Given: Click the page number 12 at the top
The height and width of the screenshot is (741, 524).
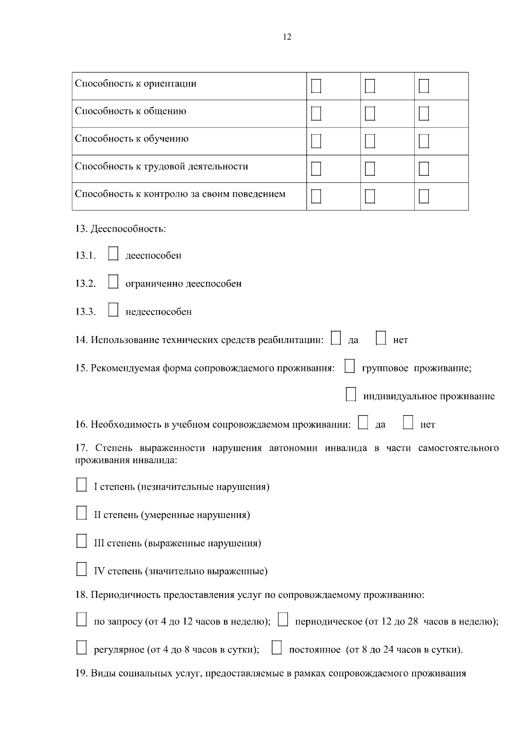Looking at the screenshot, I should [x=287, y=37].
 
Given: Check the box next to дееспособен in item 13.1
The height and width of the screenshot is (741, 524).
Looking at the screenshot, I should [x=113, y=254].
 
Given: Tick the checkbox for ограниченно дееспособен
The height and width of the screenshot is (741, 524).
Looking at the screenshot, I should [x=113, y=282].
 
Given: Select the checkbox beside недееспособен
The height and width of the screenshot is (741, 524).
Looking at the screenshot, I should [x=113, y=310].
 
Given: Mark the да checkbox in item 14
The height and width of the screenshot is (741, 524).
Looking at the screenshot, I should [x=336, y=338].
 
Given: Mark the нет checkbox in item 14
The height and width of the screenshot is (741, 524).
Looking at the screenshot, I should [x=381, y=338].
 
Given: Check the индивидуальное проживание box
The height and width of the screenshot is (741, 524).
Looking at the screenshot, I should [x=351, y=395].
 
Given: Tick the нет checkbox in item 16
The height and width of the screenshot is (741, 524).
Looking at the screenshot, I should [x=408, y=422].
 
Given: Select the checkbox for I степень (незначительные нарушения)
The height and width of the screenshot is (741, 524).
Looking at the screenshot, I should [x=82, y=485].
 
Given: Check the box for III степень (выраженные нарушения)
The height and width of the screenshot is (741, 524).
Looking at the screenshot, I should [x=82, y=541].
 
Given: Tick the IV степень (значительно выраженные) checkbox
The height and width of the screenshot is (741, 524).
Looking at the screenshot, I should [x=82, y=569].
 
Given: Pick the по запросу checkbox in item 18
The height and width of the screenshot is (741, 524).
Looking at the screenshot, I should [x=82, y=620].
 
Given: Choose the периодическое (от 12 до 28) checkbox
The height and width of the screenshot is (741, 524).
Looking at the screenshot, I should [x=283, y=620].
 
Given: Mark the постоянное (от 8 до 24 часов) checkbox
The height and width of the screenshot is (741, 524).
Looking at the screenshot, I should [x=276, y=648].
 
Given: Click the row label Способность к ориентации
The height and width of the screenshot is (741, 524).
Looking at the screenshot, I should [x=136, y=83].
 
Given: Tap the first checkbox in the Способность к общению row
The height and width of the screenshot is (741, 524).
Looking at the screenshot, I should [x=316, y=113].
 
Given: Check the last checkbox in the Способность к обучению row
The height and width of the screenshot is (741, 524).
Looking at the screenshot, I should [x=424, y=141].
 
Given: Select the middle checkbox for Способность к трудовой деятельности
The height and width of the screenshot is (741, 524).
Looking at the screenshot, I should [x=370, y=169].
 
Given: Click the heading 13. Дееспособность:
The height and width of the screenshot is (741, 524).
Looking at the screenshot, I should [x=121, y=229].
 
